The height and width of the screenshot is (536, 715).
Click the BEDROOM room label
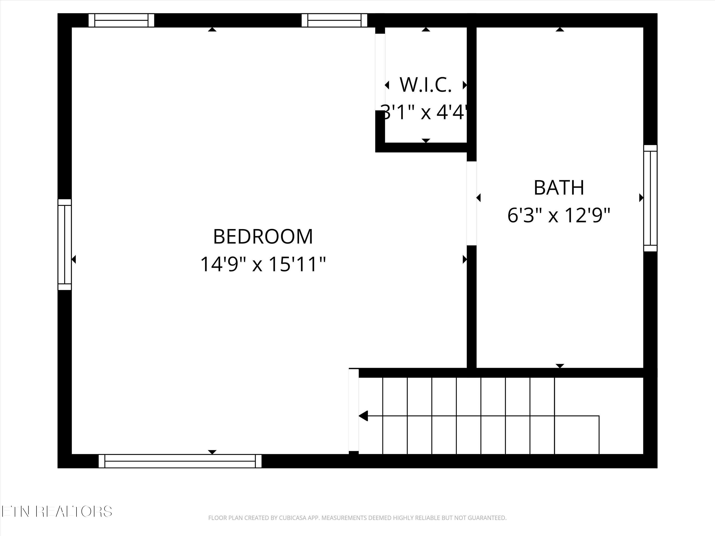click(263, 237)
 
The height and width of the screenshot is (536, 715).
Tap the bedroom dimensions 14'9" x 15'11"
click(263, 264)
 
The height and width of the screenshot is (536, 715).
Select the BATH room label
click(559, 188)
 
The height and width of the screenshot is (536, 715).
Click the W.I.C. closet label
click(425, 85)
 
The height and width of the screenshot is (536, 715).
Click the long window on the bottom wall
click(180, 461)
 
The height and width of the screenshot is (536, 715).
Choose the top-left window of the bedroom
click(121, 20)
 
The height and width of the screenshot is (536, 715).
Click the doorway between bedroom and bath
click(472, 203)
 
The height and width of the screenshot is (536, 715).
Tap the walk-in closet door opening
click(380, 72)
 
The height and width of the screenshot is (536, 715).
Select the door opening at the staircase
click(354, 410)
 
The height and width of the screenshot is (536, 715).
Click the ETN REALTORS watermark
click(56, 511)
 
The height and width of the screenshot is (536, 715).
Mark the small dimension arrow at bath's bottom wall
click(560, 366)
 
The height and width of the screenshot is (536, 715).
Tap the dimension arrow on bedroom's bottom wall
click(212, 452)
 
